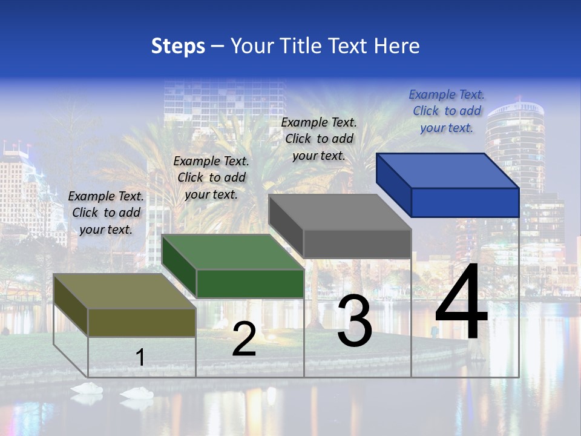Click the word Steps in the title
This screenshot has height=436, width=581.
(x=178, y=46)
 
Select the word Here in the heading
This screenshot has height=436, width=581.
(x=396, y=46)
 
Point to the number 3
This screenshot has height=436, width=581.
(x=355, y=321)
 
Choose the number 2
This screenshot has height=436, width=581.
(x=244, y=339)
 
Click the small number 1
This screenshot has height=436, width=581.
(x=140, y=357)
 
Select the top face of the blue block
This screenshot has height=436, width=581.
(x=448, y=171)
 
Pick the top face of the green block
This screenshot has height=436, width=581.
(x=233, y=252)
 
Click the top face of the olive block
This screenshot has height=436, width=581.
(x=125, y=291)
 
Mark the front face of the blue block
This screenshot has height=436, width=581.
(x=465, y=202)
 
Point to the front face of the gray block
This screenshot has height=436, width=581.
(x=357, y=243)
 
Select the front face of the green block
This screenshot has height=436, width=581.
(x=250, y=283)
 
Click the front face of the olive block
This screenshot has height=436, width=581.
(x=142, y=322)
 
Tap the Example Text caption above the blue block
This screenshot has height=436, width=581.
(x=447, y=111)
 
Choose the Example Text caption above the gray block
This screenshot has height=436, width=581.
(x=319, y=139)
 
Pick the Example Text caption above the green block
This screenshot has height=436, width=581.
(x=211, y=177)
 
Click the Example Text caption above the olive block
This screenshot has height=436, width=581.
(x=106, y=213)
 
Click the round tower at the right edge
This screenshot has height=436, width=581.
(x=515, y=145)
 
